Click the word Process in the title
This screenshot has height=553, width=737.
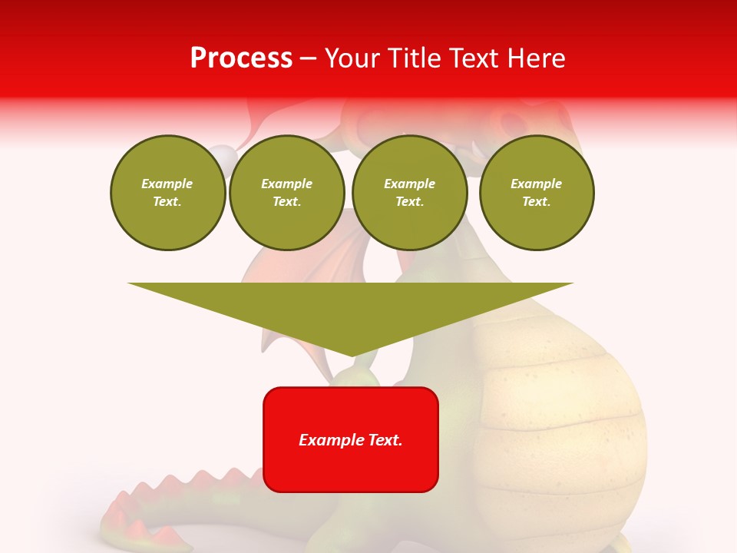(x=241, y=58)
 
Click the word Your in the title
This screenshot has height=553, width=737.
(x=352, y=58)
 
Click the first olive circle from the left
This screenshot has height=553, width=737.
(x=168, y=193)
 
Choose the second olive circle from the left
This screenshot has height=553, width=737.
(x=287, y=193)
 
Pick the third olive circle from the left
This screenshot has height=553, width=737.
(x=409, y=193)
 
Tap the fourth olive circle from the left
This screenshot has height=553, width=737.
(x=537, y=193)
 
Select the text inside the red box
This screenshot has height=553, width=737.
(x=351, y=440)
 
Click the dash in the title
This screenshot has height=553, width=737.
(x=309, y=58)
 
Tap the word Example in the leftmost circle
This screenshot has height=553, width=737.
(x=167, y=184)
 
